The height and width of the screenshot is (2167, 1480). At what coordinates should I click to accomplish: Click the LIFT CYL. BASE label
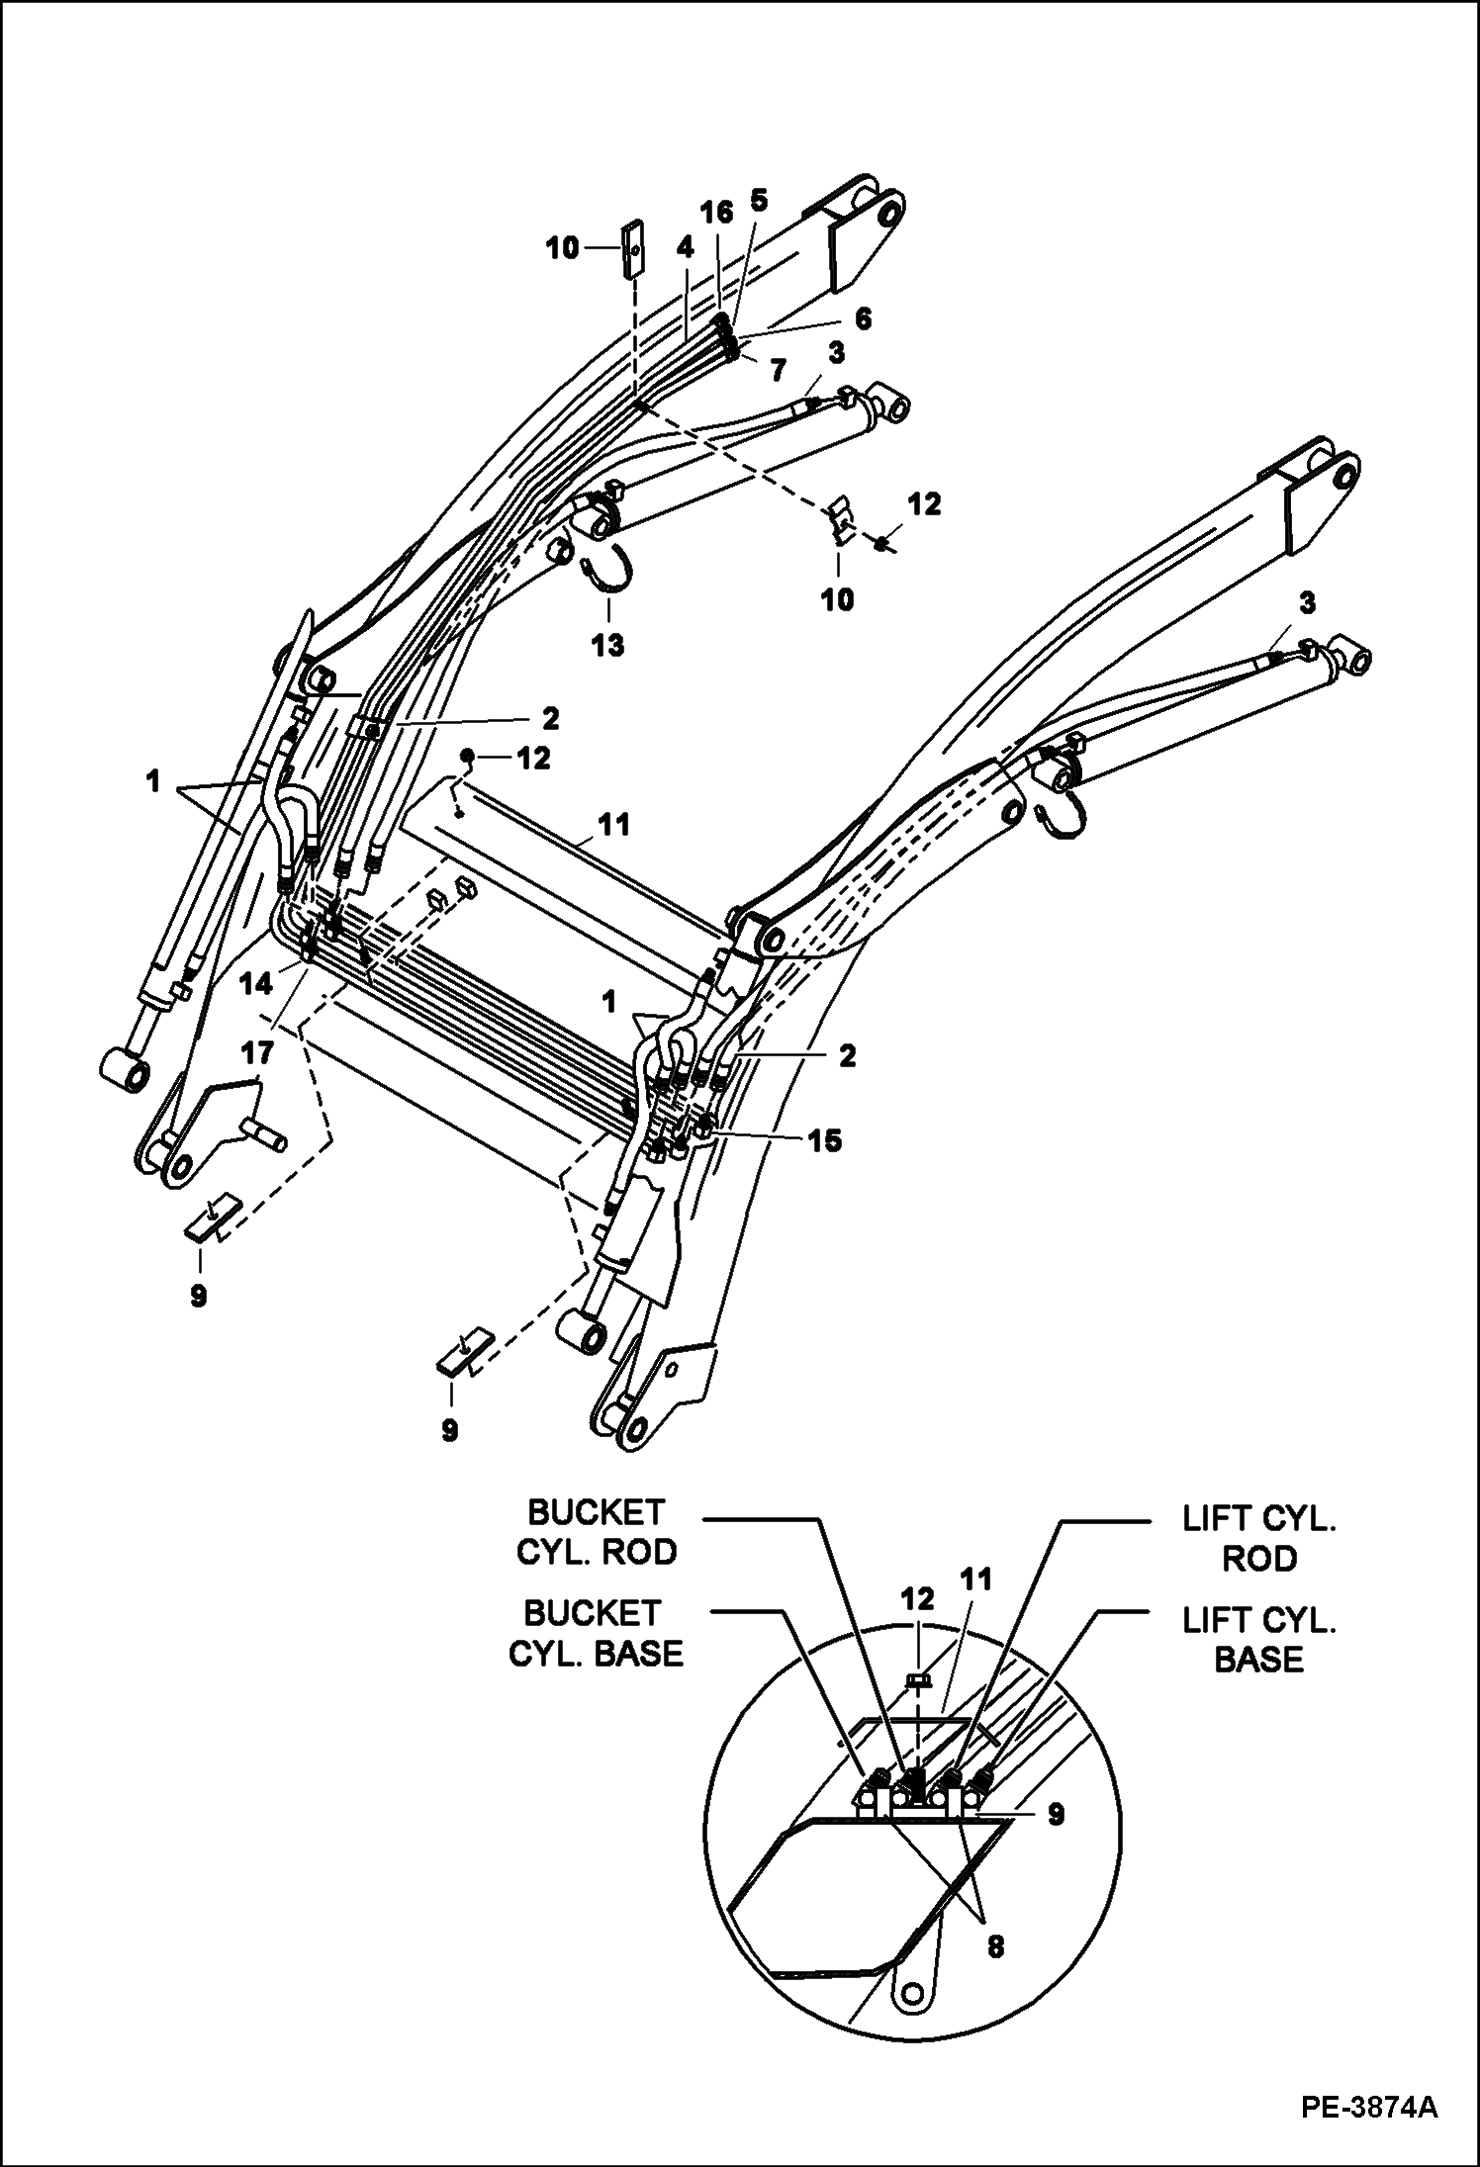(x=1259, y=1639)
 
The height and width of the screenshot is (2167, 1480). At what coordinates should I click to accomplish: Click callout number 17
(x=259, y=1054)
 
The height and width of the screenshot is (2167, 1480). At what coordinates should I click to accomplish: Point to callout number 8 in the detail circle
(x=995, y=1946)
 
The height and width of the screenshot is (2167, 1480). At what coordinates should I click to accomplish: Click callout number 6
(x=863, y=317)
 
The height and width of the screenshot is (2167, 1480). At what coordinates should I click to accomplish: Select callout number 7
(x=779, y=371)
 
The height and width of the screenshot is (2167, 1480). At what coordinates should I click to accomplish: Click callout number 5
(x=758, y=202)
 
